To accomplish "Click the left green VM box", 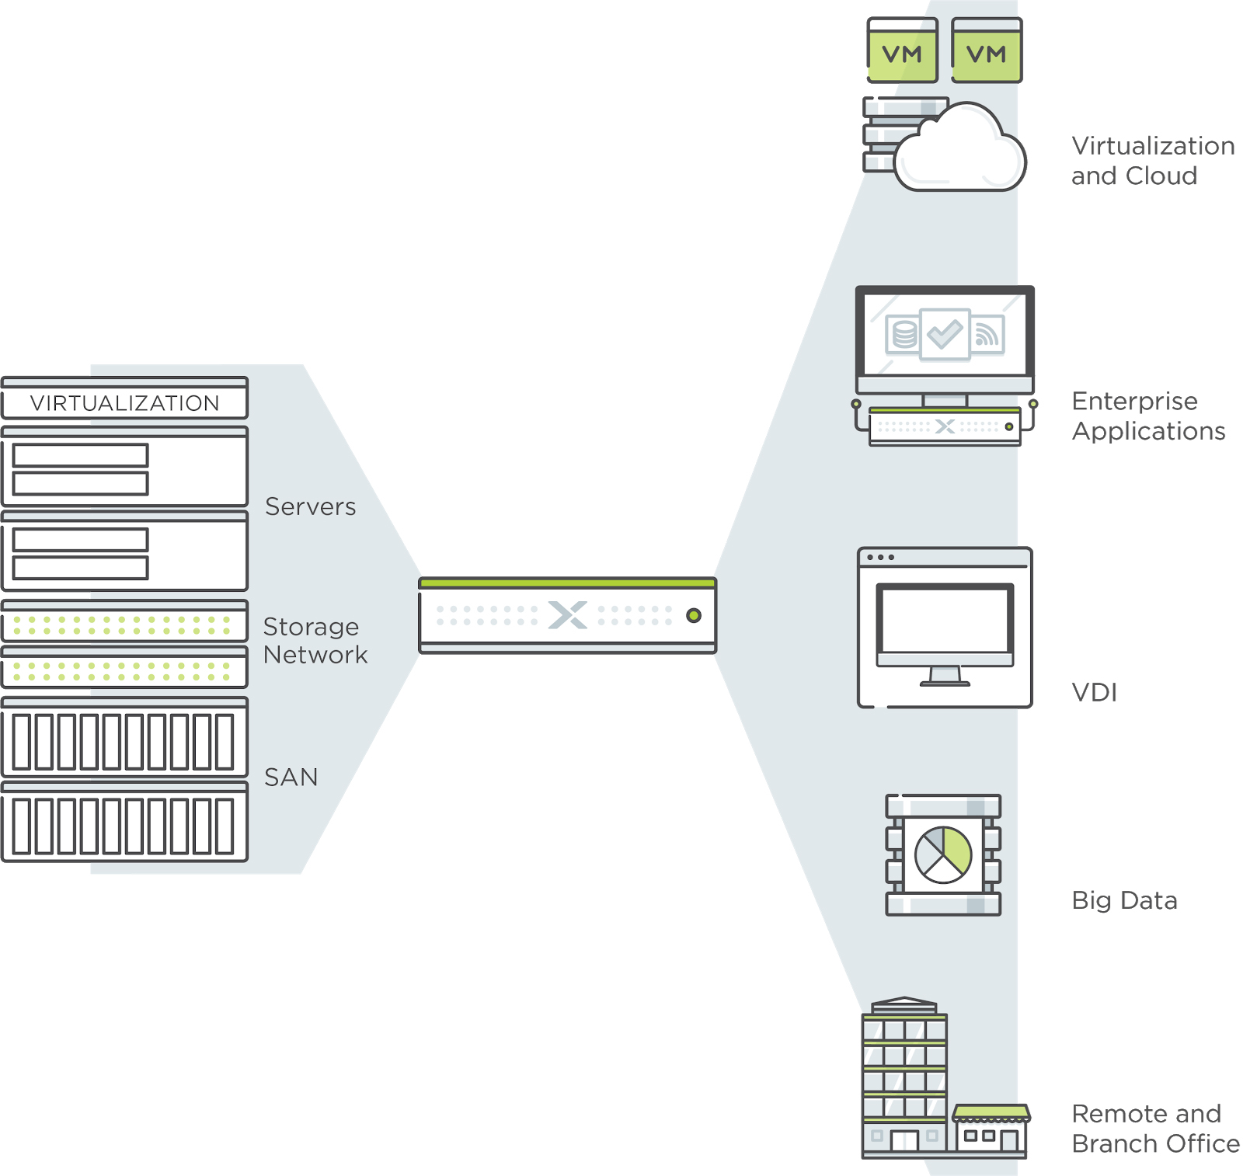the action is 902,50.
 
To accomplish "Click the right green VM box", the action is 987,50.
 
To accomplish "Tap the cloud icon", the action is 960,148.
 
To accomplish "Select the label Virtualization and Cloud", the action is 1153,161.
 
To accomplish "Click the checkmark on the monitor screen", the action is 945,335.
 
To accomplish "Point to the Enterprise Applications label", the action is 1148,416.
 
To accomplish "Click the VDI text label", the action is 1094,692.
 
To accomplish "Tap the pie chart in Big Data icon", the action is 943,855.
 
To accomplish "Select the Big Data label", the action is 1124,900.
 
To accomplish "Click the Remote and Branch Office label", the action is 1155,1129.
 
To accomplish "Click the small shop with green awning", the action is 991,1131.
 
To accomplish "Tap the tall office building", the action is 904,1078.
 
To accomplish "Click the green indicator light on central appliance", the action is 694,616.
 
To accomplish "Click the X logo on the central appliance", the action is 568,615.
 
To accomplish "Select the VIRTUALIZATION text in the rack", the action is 125,403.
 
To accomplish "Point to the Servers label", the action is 310,506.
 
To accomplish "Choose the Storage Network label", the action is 315,641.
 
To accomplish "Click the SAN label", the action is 291,778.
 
